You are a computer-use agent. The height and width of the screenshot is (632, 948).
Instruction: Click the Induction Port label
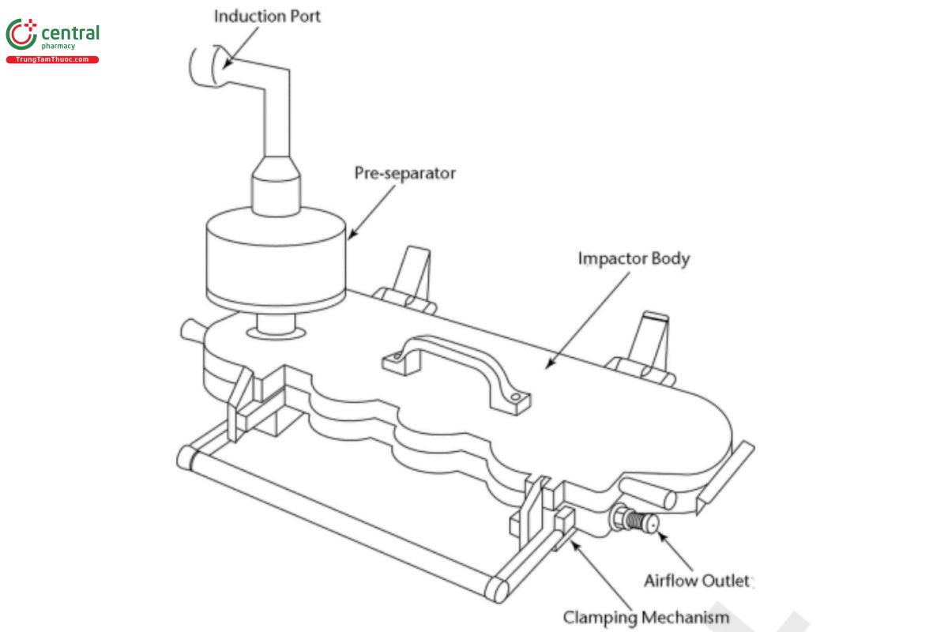click(267, 15)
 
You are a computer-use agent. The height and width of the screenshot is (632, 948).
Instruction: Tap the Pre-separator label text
click(404, 172)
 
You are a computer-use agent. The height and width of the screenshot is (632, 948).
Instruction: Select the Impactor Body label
click(634, 258)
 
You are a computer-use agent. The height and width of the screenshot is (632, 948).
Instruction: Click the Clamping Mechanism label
click(645, 616)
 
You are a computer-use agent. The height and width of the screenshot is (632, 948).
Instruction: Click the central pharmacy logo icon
click(21, 35)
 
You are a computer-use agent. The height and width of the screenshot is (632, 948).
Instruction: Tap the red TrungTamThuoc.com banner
click(52, 60)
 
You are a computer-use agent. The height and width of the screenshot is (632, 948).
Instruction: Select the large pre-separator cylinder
click(276, 254)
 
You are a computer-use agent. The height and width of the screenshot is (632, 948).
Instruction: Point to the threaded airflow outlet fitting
click(634, 521)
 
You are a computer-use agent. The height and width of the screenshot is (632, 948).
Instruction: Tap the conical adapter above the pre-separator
click(276, 181)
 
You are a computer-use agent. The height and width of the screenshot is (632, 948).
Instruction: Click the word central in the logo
click(70, 32)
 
